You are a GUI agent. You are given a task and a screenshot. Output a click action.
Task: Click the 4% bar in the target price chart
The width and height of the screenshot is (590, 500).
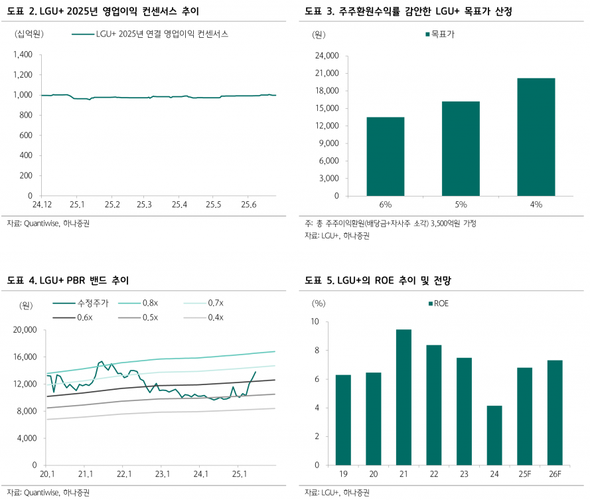(x=536, y=137)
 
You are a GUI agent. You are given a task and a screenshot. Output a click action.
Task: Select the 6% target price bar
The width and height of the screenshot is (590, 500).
(x=386, y=157)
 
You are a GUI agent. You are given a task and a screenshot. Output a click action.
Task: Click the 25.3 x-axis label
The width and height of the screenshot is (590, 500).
(x=145, y=205)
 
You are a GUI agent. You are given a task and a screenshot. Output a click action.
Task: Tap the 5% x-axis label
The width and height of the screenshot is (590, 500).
(x=461, y=205)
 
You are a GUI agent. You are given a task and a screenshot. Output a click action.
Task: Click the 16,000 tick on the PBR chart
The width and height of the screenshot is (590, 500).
(x=22, y=357)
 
